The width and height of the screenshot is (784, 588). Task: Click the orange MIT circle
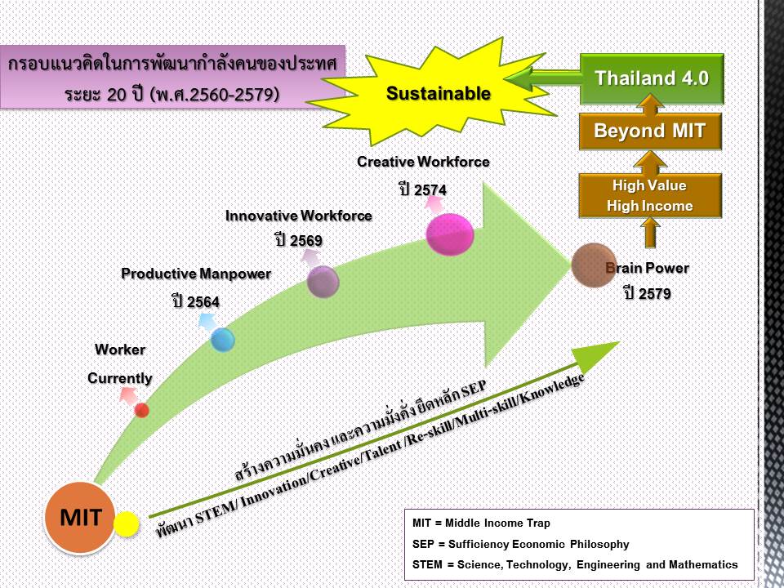pos(80,517)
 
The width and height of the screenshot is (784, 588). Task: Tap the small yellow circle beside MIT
pos(126,524)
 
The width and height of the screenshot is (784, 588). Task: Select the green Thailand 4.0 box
pos(652,79)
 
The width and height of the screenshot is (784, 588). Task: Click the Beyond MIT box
pos(650,131)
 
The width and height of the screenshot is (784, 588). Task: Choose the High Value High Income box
pos(650,196)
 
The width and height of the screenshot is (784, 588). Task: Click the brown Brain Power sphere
pos(594,265)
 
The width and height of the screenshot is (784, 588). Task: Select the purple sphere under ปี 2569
pos(323,282)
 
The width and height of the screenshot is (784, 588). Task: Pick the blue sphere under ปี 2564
pos(223,339)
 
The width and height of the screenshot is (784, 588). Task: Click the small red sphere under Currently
pos(142,409)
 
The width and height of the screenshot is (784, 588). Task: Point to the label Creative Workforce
pos(423,162)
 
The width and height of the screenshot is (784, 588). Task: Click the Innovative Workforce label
pos(299,216)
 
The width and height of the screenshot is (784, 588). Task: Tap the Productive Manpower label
pos(196,274)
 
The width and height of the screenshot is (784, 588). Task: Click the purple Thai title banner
pos(174,79)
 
